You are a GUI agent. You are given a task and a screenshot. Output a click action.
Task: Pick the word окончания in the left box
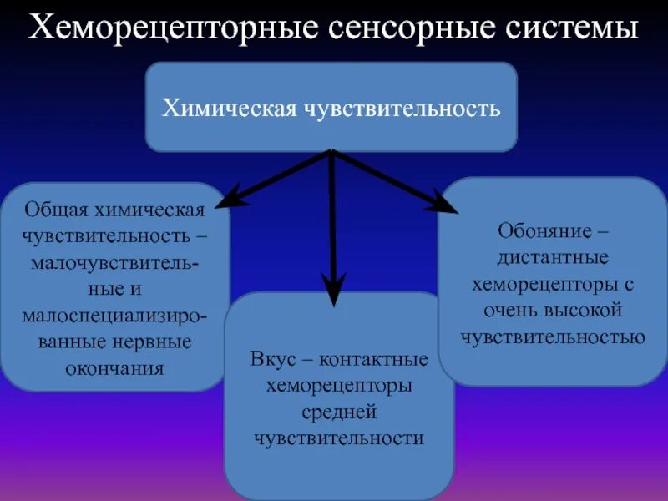(115, 368)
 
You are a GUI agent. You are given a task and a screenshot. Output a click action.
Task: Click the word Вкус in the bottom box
(271, 360)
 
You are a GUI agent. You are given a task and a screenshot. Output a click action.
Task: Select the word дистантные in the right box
(554, 256)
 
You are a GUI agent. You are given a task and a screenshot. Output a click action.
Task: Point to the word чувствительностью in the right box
(553, 337)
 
